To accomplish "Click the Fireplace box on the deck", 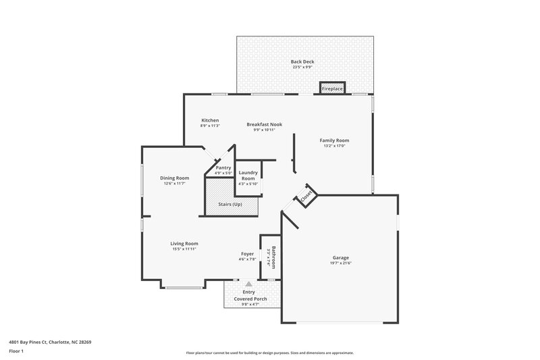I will (332, 88).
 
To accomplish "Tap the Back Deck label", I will (303, 61).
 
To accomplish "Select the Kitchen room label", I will (209, 120).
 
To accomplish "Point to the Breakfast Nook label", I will (264, 124).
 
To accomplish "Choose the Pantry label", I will (223, 168).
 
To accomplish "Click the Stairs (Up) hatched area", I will (230, 204).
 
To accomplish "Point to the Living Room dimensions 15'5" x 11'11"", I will (184, 249).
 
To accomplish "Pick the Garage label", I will (340, 257).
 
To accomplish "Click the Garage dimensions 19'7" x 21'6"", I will (340, 263).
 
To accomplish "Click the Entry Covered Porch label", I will (250, 295).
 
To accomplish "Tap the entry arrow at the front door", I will (249, 284).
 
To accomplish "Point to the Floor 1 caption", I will (16, 352).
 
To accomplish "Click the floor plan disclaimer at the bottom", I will (269, 353).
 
